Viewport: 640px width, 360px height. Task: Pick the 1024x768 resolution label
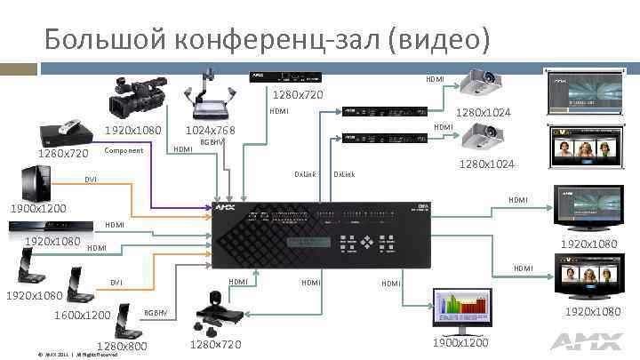[210, 131]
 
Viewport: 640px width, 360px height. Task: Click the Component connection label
[124, 150]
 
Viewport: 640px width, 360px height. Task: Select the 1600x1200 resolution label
[82, 316]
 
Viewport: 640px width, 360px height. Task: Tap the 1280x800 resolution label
[121, 346]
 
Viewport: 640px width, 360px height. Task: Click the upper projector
[479, 85]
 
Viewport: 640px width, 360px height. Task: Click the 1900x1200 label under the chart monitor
[460, 343]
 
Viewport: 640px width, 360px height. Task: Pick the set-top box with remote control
[67, 132]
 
